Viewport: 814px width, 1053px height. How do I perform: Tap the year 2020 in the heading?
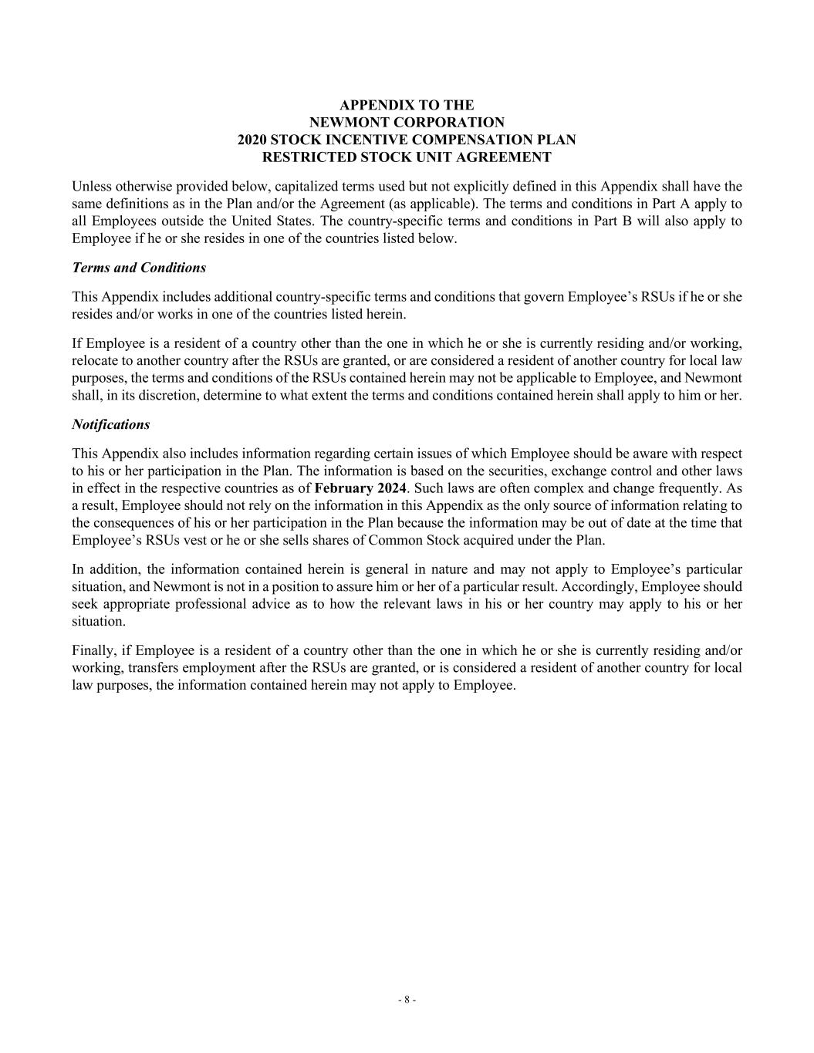click(x=252, y=140)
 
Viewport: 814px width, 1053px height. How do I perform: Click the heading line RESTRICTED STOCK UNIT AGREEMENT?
click(x=407, y=157)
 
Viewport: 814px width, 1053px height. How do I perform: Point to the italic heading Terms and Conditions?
click(x=139, y=268)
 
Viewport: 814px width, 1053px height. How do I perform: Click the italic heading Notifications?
click(x=110, y=424)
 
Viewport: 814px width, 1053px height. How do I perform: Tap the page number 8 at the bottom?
click(x=407, y=1000)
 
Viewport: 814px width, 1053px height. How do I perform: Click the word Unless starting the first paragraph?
click(x=90, y=186)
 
